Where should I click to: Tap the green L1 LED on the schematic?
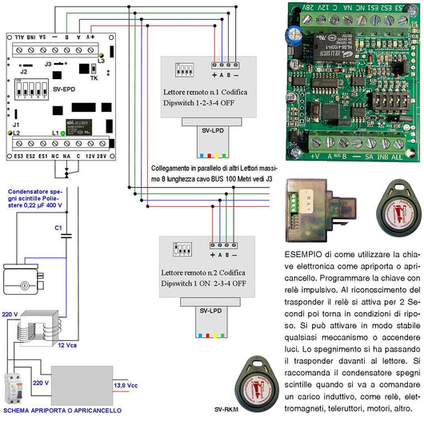64,133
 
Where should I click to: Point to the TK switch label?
94,79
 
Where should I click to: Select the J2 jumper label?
23,72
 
